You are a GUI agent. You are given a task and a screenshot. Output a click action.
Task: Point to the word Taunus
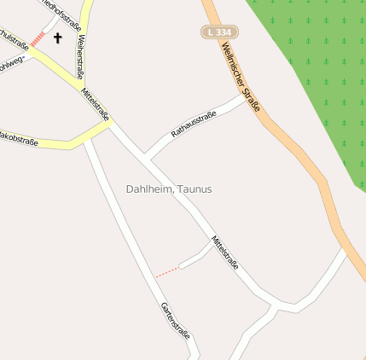(195, 189)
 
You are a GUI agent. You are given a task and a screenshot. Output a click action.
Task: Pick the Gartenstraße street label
(175, 322)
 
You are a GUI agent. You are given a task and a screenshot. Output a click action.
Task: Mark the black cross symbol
(58, 38)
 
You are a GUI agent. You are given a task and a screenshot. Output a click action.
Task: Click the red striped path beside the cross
(38, 38)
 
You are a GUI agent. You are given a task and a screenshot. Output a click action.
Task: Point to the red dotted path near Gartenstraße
(167, 271)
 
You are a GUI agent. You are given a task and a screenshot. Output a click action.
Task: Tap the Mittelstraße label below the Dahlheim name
(224, 253)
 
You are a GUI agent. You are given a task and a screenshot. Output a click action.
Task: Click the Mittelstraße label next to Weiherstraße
(95, 104)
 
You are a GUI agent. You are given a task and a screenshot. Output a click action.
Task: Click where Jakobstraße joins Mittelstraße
(108, 125)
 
